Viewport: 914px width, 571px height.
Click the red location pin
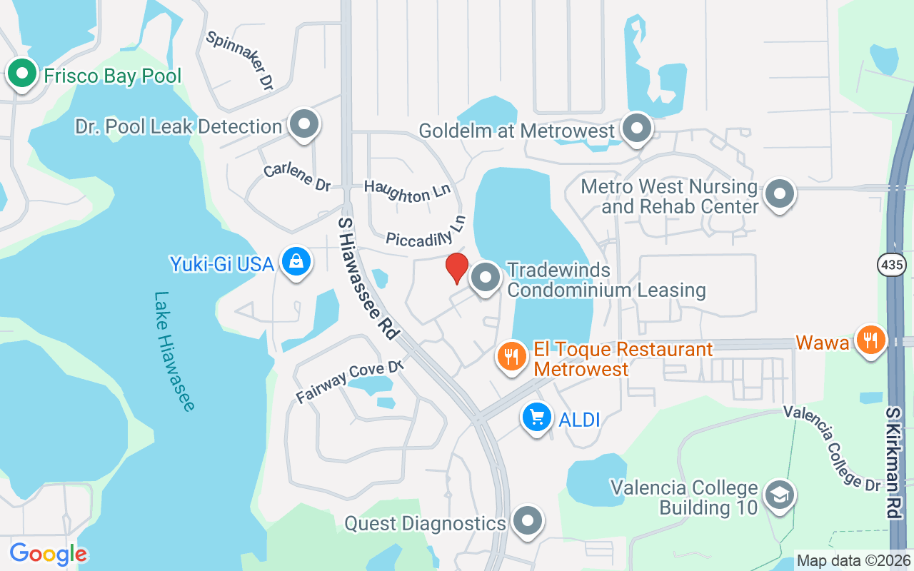[x=457, y=268]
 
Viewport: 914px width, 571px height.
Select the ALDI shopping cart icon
[x=536, y=418]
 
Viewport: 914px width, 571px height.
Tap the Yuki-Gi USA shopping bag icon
[x=295, y=262]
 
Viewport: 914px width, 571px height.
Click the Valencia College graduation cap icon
[x=778, y=495]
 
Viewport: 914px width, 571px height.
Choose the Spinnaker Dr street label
[x=240, y=60]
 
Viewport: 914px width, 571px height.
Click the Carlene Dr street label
[x=297, y=177]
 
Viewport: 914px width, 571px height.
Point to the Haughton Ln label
[x=408, y=191]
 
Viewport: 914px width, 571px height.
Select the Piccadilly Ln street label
[x=426, y=233]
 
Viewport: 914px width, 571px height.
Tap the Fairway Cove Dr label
[x=350, y=382]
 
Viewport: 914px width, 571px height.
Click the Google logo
[x=48, y=554]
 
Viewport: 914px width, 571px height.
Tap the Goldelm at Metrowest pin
[x=636, y=128]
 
